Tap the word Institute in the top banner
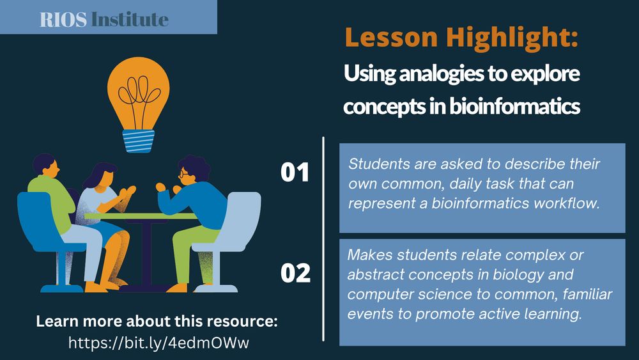[x=130, y=19]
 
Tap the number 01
[x=295, y=173]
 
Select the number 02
[x=295, y=273]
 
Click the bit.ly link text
[x=158, y=343]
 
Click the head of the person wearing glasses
[x=190, y=170]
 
